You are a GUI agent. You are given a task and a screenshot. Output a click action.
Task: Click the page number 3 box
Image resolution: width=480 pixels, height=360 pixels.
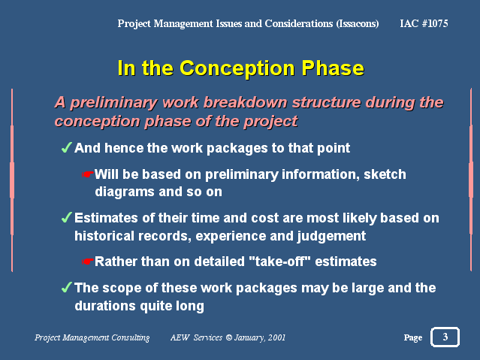[445, 337]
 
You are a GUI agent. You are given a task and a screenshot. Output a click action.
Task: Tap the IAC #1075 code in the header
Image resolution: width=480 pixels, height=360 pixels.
[424, 23]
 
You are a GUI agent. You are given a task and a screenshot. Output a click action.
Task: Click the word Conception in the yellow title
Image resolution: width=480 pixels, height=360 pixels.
[237, 68]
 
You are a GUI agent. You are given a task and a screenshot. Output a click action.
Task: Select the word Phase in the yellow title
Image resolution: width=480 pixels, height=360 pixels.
[333, 68]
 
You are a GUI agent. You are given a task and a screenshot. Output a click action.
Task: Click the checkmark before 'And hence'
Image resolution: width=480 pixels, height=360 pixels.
[67, 147]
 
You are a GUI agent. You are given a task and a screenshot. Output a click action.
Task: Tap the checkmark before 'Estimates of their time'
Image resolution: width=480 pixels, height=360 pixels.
[67, 217]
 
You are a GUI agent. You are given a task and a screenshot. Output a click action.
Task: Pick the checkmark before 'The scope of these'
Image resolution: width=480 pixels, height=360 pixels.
[67, 287]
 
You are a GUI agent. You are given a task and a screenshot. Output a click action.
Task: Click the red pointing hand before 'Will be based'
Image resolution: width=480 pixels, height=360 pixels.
[88, 174]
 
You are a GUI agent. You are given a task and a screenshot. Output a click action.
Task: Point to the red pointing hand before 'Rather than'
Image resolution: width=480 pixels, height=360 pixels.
[88, 262]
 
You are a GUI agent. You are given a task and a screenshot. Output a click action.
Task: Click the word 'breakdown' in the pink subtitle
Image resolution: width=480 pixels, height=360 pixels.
[245, 102]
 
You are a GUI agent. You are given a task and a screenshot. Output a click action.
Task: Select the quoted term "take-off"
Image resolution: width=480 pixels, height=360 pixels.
[279, 262]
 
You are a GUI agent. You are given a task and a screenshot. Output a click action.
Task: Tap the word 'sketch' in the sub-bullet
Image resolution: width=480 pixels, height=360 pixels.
[385, 174]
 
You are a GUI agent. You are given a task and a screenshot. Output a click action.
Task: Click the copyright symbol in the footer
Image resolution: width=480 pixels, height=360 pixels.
[229, 337]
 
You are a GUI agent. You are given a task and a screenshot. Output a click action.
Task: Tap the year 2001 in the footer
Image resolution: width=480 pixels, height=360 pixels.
[276, 337]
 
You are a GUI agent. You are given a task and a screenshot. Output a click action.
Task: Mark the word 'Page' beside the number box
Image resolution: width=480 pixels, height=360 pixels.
[413, 337]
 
